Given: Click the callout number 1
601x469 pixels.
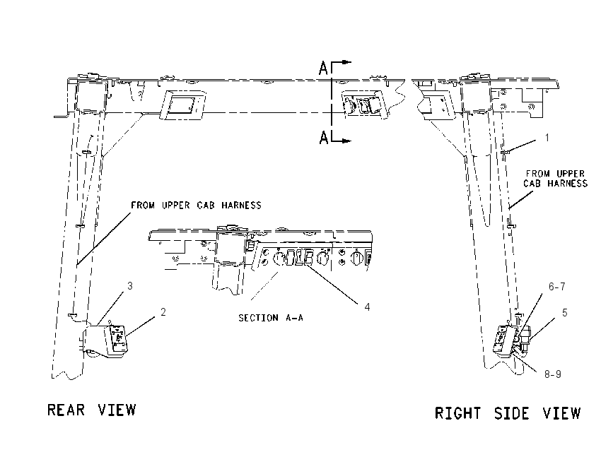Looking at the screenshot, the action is click(x=547, y=138).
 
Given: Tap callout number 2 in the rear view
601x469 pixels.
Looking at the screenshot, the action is click(x=163, y=312).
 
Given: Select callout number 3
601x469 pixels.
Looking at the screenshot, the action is click(x=130, y=286).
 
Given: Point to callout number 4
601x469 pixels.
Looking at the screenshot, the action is click(x=367, y=307).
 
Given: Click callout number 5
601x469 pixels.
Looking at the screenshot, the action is click(x=565, y=313).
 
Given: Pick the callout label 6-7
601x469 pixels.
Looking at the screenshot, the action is click(x=557, y=286).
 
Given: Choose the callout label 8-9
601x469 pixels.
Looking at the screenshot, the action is click(x=553, y=374).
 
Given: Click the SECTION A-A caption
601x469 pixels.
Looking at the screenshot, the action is click(x=271, y=318).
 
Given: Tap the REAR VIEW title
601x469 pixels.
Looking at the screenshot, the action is click(x=92, y=410).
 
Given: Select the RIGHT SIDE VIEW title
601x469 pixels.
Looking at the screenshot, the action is click(x=508, y=413).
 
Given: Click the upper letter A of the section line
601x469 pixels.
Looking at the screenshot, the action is click(x=324, y=69).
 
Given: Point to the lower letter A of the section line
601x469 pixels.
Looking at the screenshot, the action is click(x=324, y=138).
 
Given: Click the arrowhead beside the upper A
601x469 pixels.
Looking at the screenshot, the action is click(x=346, y=62).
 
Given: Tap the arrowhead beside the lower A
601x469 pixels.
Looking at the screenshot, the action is click(x=346, y=141).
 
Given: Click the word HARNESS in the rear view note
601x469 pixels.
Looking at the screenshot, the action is click(x=242, y=206).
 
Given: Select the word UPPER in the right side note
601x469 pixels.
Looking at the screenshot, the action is click(x=570, y=174).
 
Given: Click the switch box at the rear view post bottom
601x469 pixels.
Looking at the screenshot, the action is click(x=106, y=340).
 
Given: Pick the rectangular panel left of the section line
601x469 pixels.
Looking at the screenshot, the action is click(x=183, y=105).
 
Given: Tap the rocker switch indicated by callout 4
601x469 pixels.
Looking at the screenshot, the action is click(x=307, y=258).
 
